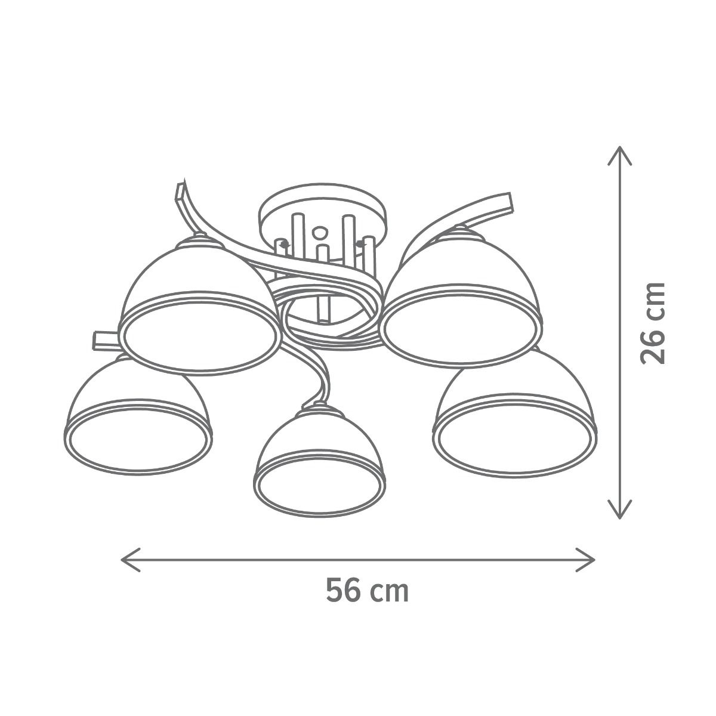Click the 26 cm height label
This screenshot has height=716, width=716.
click(653, 323)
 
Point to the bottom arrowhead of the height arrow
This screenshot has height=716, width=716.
click(619, 509)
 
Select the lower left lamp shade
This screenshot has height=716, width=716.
click(138, 416)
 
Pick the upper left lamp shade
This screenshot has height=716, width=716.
click(200, 305)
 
